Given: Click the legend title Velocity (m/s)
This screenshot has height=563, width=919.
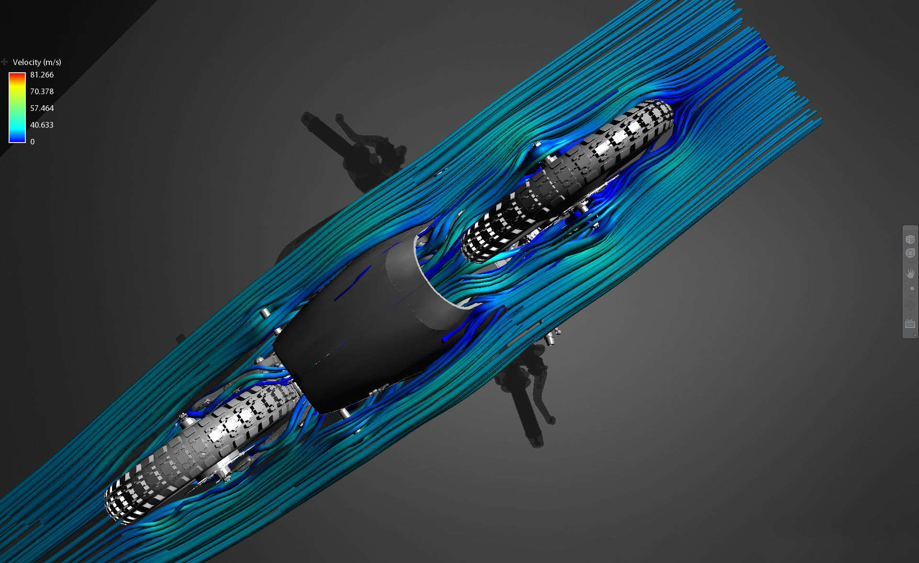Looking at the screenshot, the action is point(37,62).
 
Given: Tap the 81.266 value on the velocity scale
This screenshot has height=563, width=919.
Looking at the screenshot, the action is point(42,75).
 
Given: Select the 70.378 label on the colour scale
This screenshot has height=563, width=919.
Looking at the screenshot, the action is point(42,91).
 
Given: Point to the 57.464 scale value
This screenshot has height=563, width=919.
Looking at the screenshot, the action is point(42,108).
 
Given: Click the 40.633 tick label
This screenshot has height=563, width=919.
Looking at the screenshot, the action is point(42,125).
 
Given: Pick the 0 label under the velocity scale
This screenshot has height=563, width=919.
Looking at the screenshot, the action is point(33,142).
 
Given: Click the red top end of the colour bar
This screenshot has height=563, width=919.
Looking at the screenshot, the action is point(17,75).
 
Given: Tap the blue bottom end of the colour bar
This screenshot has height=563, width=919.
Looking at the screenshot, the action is point(17,140).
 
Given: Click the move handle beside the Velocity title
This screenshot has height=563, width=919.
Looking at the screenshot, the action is point(4,62).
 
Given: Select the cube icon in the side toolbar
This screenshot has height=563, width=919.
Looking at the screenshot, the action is point(910,239).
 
